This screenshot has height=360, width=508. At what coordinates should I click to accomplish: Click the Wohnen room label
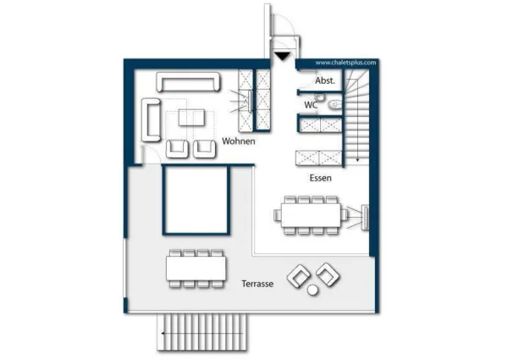[x=238, y=141]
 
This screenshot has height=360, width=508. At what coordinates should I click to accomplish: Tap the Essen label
[x=320, y=179]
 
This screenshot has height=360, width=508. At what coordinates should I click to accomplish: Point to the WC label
[x=311, y=105]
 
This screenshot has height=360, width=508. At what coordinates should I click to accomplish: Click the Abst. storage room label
[x=325, y=80]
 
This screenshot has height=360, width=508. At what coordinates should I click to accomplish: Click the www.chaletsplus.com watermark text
[x=345, y=62]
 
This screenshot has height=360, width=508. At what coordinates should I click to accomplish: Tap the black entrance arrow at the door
[x=281, y=56]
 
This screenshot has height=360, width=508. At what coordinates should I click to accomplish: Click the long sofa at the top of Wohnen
[x=189, y=81]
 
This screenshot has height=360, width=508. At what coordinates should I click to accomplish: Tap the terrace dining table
[x=196, y=269]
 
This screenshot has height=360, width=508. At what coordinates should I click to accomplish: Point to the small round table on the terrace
[x=312, y=291]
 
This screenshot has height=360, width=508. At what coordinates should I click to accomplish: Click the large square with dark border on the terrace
[x=196, y=200]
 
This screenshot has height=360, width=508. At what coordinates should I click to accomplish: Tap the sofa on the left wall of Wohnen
[x=153, y=119]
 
